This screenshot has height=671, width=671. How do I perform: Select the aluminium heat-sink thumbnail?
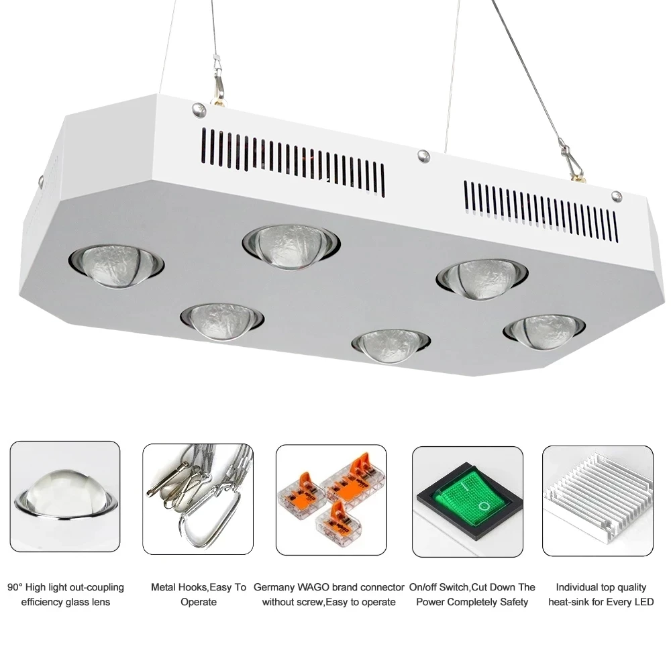[597, 501]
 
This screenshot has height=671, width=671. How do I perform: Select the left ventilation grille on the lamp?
[293, 158]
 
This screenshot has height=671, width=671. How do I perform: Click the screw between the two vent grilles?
[423, 156]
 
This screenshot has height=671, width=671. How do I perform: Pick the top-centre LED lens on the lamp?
[291, 244]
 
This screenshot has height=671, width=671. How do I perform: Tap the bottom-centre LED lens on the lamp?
[391, 344]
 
